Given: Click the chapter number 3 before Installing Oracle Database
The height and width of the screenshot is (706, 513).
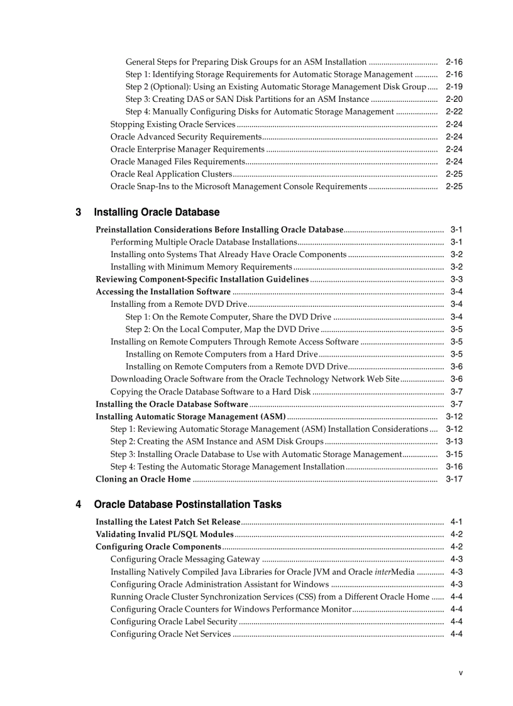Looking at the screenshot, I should coord(79,212).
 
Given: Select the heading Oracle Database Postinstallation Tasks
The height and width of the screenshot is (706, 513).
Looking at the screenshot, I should coord(187,505).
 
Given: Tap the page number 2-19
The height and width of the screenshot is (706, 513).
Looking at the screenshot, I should coord(454,87).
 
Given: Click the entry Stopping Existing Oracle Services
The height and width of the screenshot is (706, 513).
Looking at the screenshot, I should coord(173,124).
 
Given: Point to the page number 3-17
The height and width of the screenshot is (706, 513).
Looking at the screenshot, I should coord(454,479).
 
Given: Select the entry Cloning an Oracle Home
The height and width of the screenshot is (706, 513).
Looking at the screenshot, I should coord(143,479).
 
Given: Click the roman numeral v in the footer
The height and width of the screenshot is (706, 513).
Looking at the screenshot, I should coord(460,673).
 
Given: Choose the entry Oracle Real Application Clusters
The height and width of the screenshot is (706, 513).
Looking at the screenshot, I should coord(171,174).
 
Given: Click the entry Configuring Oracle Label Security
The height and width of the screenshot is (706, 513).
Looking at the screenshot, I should coord(174,622).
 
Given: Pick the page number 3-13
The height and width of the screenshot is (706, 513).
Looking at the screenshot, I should coord(454,442).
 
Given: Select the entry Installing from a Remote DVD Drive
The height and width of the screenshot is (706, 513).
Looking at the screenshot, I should coord(179,304).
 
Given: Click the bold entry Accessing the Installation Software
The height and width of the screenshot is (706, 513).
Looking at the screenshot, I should coord(163,292).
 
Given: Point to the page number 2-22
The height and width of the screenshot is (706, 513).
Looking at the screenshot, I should coord(454,112).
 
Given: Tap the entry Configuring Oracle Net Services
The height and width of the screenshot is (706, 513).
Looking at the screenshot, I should coord(170,634).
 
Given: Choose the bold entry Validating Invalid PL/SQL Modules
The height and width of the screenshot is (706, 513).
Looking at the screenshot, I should coord(165,534).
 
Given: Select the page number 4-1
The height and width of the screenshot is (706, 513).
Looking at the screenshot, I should coord(456,522).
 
